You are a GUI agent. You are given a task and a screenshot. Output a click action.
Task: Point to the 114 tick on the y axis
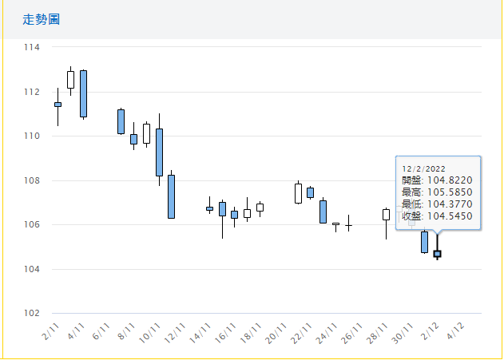tap(32, 47)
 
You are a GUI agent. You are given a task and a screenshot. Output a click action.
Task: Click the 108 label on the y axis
tap(32, 180)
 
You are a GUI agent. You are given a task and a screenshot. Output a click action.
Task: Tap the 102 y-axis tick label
tap(32, 313)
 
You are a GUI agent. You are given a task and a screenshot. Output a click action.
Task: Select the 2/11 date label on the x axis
tap(51, 332)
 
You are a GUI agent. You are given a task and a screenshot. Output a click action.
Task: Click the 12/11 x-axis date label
tap(177, 334)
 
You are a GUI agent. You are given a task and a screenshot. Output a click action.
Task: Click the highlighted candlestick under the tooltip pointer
tap(437, 254)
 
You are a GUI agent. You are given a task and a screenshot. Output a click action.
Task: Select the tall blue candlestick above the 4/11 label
tap(83, 93)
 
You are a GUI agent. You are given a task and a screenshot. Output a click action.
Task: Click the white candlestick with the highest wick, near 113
tap(70, 79)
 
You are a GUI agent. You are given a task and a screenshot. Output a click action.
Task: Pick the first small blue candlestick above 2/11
tap(58, 105)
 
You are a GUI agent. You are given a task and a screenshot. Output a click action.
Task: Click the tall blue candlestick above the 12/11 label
tap(171, 196)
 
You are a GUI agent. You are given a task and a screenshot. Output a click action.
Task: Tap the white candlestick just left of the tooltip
tap(387, 214)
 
